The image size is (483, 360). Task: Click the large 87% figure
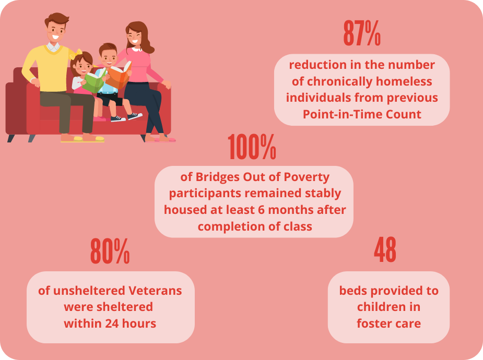[362, 33]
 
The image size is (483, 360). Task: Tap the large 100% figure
[252, 147]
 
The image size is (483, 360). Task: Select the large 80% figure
[110, 251]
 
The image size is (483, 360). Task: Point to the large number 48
[385, 249]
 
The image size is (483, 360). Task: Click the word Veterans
[155, 291]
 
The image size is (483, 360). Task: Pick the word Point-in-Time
[343, 114]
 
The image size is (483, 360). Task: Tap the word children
[380, 307]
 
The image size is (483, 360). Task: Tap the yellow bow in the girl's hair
[76, 54]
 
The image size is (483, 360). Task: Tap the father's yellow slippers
[83, 139]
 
